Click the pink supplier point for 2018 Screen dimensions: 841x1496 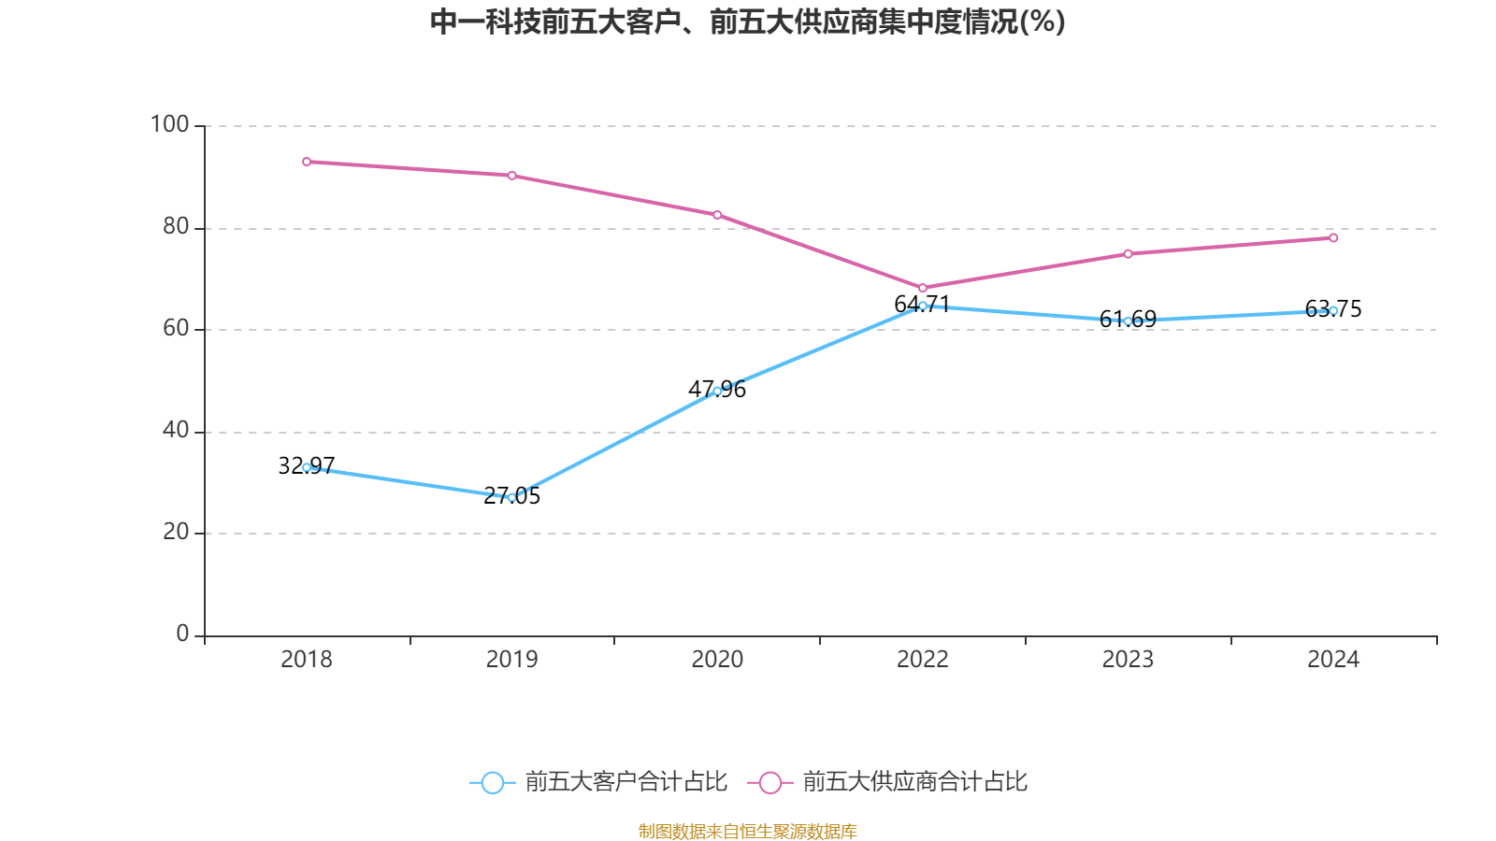[307, 162]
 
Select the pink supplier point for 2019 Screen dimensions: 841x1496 [511, 176]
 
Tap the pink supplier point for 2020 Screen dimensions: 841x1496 [717, 215]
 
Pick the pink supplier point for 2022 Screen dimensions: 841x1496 [923, 288]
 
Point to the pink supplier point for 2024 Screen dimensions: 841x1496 [1333, 238]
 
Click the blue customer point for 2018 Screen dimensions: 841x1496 [307, 467]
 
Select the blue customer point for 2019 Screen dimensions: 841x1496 [511, 498]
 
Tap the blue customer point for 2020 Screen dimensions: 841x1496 [717, 391]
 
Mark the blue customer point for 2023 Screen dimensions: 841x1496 [1128, 321]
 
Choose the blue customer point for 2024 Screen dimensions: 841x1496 [1333, 310]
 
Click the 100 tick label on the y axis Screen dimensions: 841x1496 [169, 124]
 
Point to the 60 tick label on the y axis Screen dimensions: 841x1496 [175, 328]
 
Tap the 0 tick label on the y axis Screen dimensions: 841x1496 [182, 634]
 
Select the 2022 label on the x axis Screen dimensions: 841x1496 [923, 660]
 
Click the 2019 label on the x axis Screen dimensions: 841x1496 [511, 660]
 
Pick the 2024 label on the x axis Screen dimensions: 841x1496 [1333, 660]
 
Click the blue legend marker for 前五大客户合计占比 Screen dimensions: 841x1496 [492, 782]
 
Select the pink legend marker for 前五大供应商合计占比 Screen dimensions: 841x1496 [770, 782]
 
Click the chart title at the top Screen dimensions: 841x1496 [747, 21]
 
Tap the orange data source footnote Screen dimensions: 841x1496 [747, 831]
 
